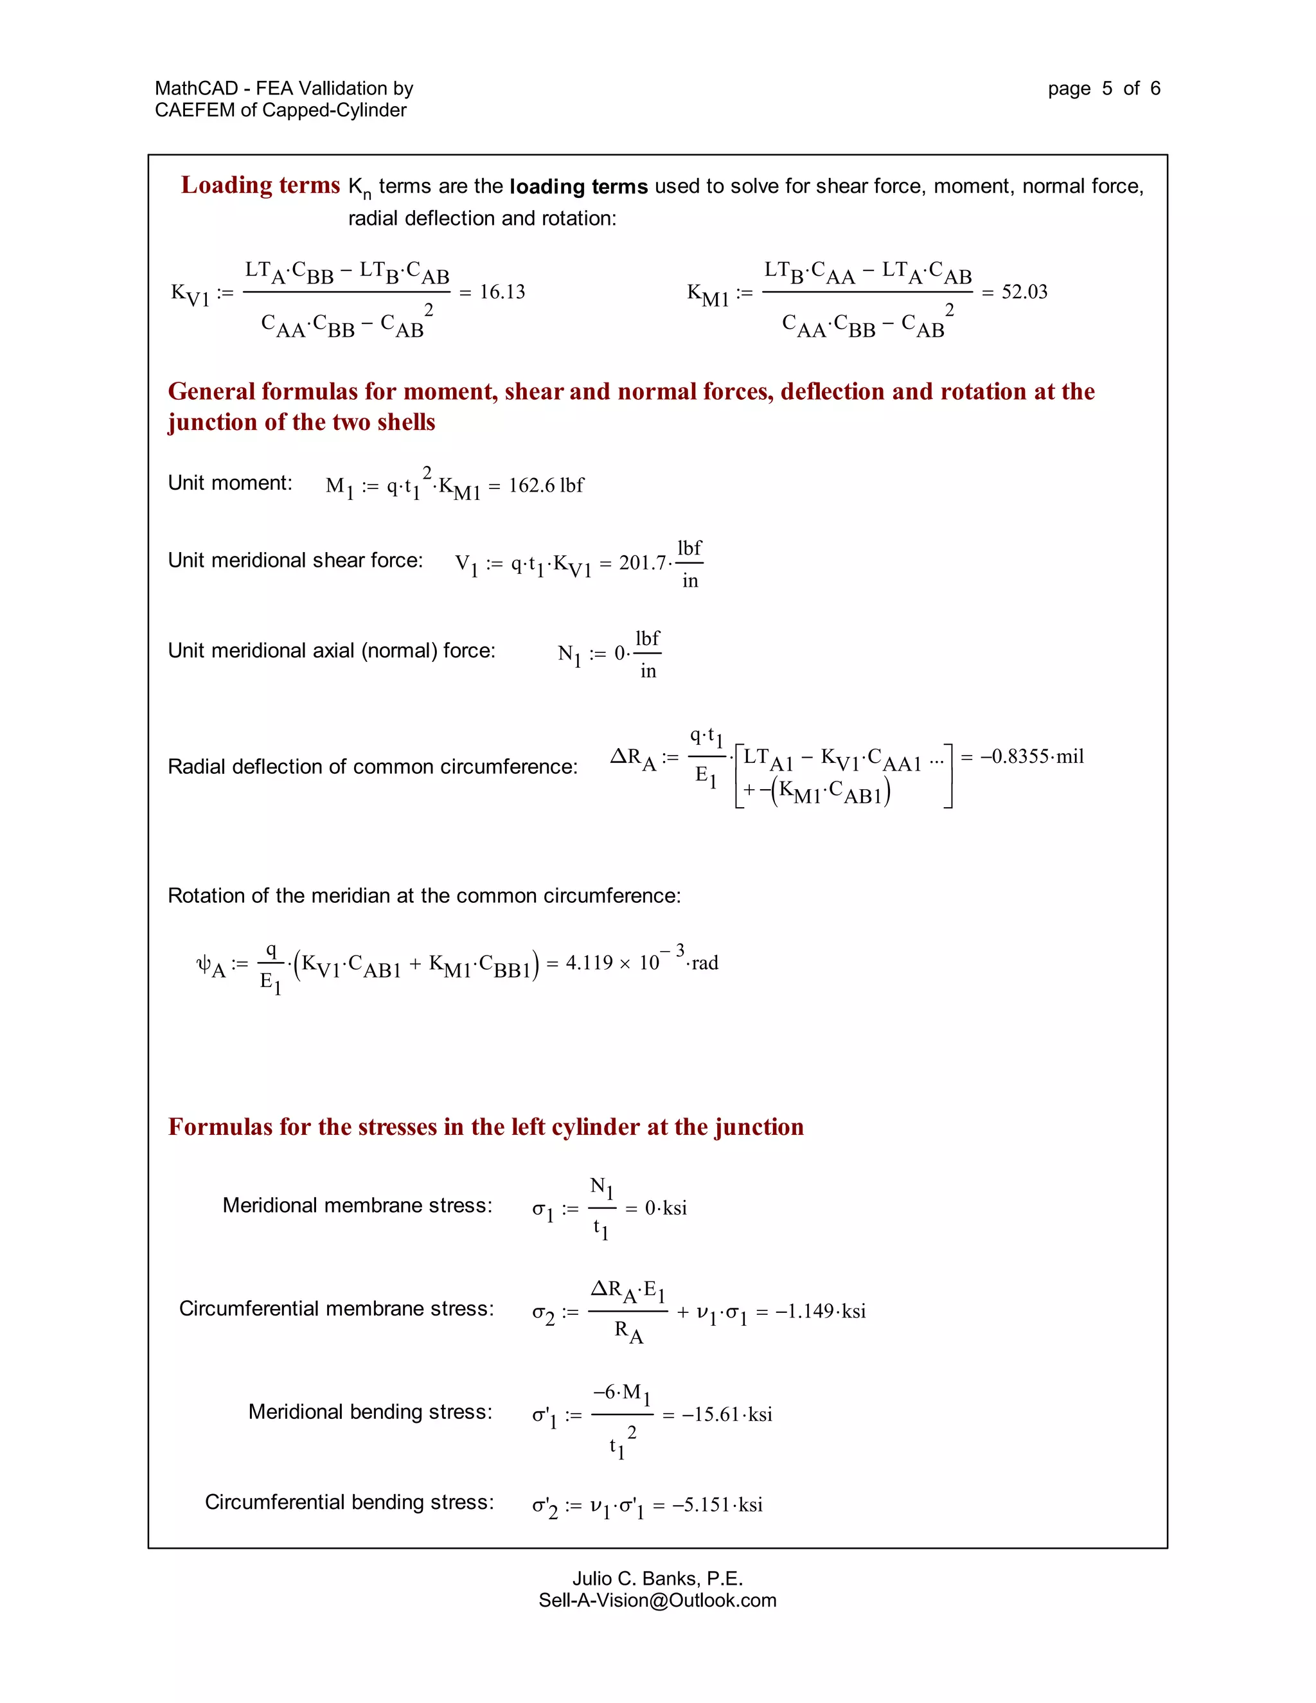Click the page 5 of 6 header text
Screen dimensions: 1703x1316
coord(1103,88)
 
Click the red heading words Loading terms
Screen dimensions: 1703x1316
coord(260,185)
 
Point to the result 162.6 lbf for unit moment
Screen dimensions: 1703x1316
coord(546,485)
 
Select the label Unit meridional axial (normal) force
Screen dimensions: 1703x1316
coord(332,650)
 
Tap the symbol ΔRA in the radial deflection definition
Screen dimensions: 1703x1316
coord(632,758)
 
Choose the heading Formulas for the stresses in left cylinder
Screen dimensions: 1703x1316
coord(486,1127)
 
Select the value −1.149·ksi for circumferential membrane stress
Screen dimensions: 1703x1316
coord(820,1311)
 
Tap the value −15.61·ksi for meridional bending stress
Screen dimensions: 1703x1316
coord(727,1414)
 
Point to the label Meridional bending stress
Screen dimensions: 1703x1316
coord(370,1411)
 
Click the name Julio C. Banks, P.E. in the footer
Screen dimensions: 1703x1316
coord(657,1578)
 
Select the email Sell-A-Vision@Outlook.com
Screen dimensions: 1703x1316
coord(657,1600)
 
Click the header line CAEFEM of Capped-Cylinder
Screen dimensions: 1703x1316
coord(281,110)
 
